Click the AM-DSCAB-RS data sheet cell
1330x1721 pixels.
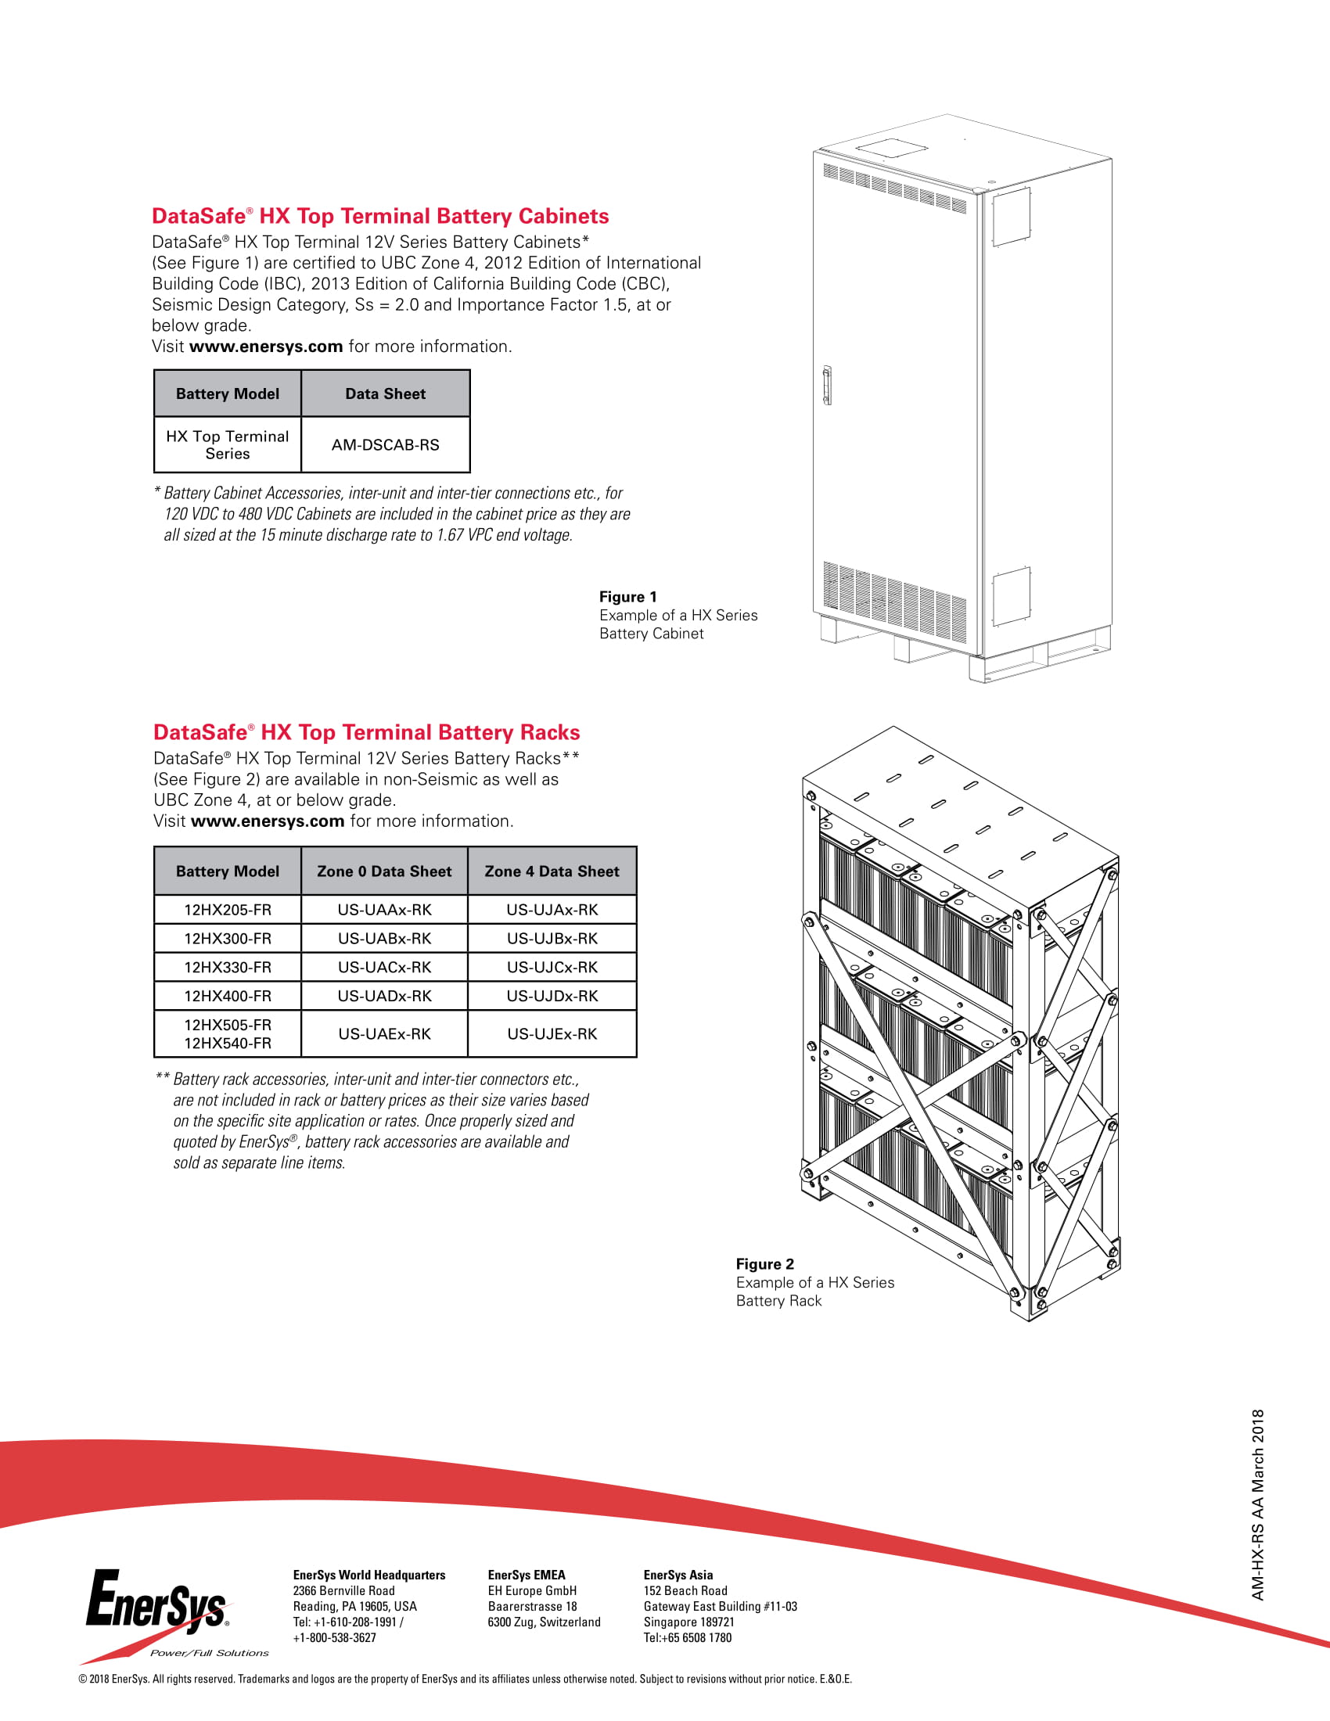(385, 445)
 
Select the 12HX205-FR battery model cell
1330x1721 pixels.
(228, 909)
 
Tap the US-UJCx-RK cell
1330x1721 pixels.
(552, 967)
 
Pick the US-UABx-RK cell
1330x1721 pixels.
(384, 939)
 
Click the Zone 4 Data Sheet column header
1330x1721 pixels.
(552, 871)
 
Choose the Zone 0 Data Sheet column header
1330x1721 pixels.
(384, 871)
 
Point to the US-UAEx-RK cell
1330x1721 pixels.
(384, 1034)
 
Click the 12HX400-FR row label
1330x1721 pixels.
(228, 996)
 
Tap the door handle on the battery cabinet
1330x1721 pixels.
(826, 386)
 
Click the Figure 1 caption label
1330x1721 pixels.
(628, 597)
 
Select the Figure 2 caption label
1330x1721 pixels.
(765, 1264)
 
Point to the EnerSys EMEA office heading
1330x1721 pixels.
(527, 1575)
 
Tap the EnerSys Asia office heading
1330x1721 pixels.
(678, 1575)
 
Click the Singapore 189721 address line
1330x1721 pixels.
(688, 1622)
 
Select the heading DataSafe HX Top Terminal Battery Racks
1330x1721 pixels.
(366, 732)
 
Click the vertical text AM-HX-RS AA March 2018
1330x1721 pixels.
(1257, 1505)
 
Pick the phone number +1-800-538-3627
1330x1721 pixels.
(335, 1637)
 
